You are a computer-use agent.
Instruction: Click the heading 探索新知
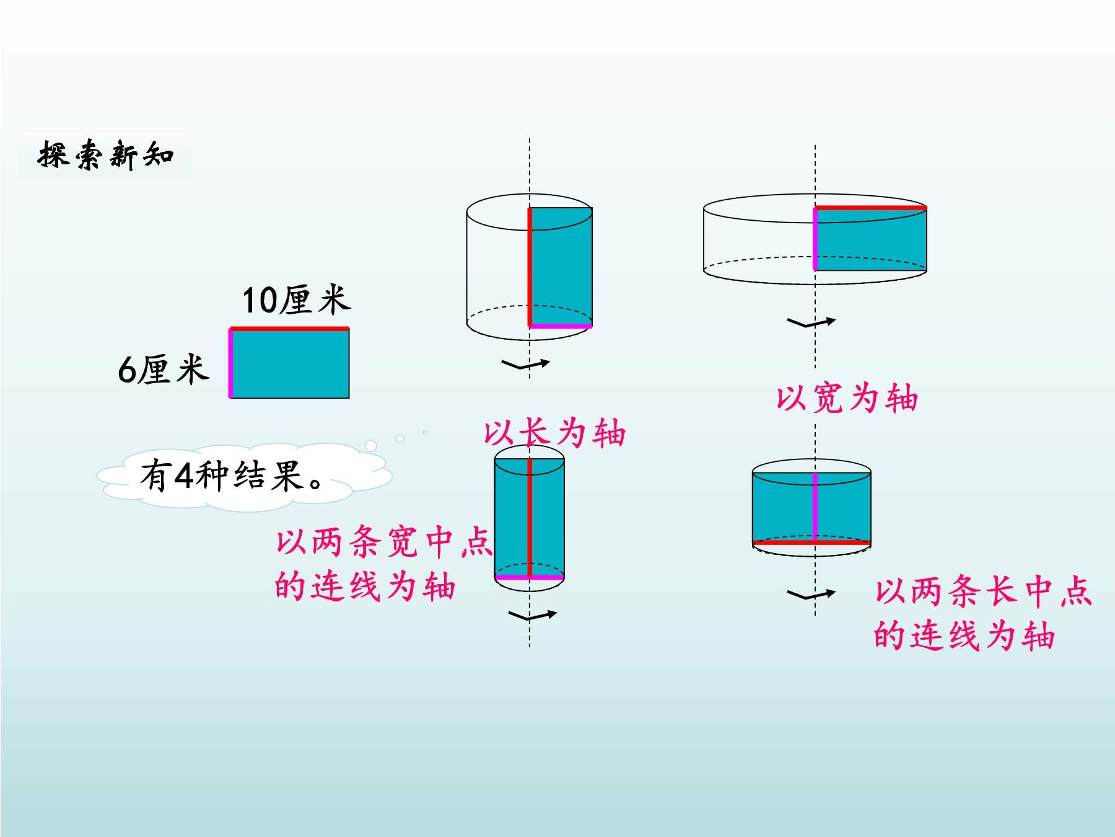coord(106,154)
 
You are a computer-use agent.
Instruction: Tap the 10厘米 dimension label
coord(296,300)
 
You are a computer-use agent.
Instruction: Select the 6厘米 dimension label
coord(164,370)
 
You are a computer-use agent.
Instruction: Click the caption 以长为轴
coord(554,433)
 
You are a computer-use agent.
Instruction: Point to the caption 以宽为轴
coord(847,398)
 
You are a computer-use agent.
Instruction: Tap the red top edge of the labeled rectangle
coord(289,329)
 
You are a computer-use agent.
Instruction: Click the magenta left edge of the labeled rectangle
coord(230,363)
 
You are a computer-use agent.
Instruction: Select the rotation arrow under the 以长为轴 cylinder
coord(525,365)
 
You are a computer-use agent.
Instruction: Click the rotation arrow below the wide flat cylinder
coord(811,322)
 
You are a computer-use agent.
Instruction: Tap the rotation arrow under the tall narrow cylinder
coord(532,616)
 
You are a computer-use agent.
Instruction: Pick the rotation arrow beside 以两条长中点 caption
coord(811,595)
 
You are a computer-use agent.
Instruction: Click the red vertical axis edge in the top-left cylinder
coord(530,267)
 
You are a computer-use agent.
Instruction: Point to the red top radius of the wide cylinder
coord(870,208)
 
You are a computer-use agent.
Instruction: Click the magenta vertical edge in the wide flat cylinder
coord(815,239)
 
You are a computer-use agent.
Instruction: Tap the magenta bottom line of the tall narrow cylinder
coord(530,577)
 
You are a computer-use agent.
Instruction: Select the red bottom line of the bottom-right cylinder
coord(811,542)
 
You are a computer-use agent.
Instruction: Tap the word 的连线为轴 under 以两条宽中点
coord(365,586)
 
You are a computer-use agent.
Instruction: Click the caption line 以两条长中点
coord(983,591)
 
